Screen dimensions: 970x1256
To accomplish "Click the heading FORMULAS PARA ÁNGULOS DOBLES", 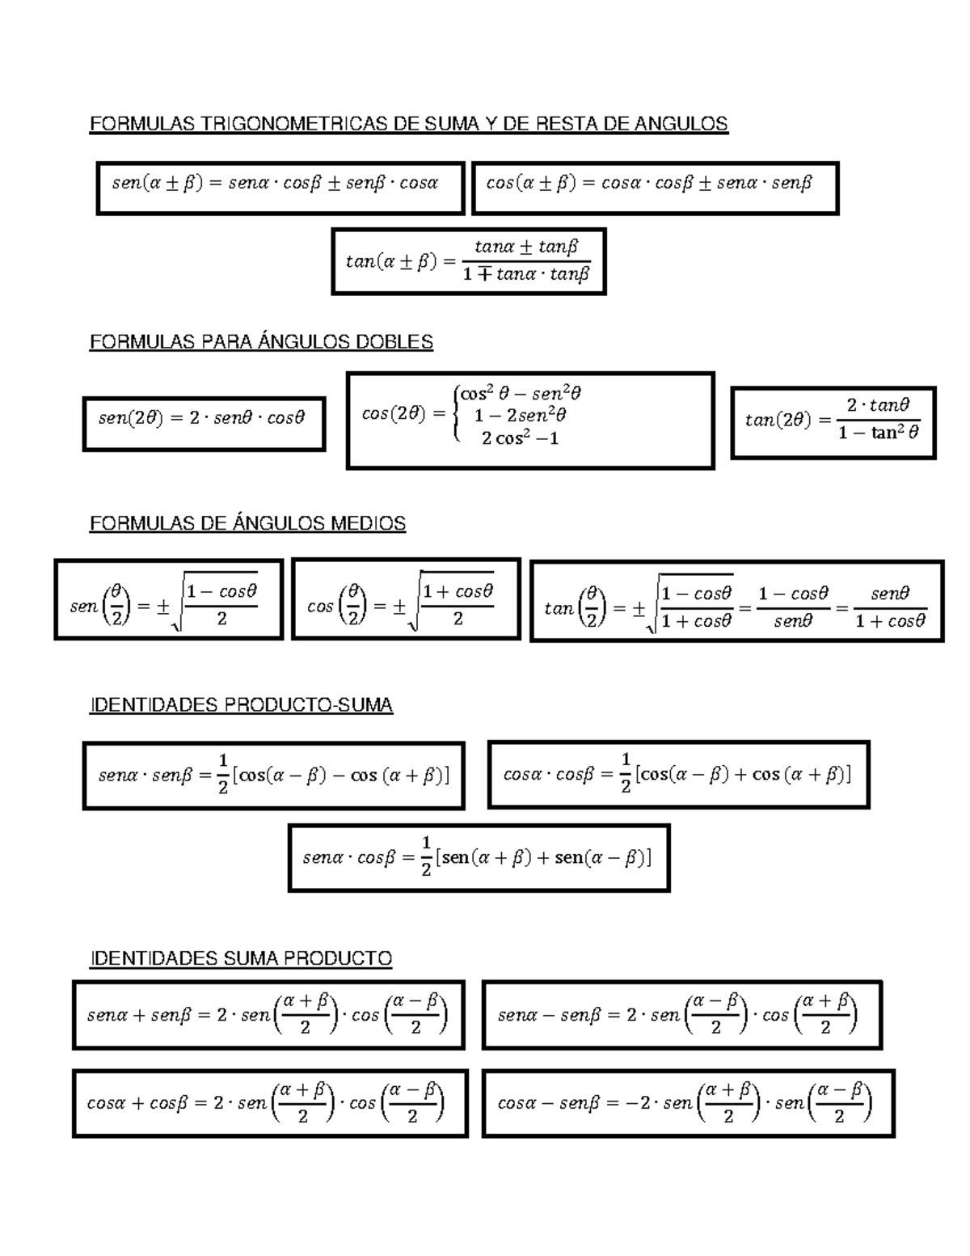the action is pos(261,342).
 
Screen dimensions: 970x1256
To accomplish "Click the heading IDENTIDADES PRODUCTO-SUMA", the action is pos(241,705).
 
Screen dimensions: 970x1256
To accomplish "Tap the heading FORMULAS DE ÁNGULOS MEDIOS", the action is pos(247,524).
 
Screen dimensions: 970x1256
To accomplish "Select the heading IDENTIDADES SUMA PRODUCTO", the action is pos(241,958).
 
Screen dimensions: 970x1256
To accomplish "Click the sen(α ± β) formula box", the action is pos(280,188).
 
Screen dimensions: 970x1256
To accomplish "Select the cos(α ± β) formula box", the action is pos(655,188).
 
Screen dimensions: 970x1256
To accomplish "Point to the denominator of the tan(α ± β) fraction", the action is pos(526,275).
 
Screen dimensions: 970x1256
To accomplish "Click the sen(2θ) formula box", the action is pos(204,423).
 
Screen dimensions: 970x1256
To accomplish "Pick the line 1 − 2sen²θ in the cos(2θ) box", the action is pos(520,416).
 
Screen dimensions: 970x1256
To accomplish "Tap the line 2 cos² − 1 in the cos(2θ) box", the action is pos(520,438).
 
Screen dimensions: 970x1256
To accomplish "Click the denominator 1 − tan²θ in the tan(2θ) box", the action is pos(878,433).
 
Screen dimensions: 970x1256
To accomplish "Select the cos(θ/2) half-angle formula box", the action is pos(406,599).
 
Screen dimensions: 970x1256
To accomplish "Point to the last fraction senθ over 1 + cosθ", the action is pos(889,607).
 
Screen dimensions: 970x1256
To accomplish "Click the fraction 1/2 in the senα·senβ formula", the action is pos(222,775).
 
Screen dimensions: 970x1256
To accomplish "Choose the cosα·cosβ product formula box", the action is pos(678,775).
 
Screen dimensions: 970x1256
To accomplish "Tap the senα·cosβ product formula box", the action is pos(479,858).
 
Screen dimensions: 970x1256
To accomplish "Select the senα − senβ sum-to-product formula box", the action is pos(681,1015).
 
